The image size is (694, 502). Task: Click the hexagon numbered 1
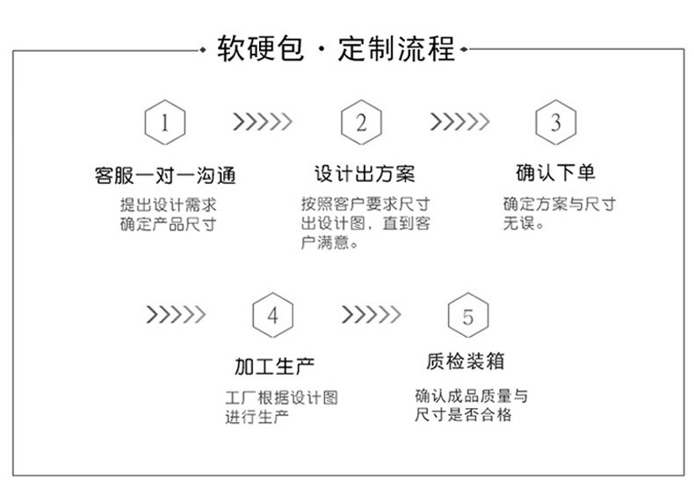164,123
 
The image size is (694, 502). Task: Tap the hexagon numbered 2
361,123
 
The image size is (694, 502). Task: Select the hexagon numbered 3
555,123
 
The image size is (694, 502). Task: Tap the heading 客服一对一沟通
165,174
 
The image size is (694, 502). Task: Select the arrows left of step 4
175,315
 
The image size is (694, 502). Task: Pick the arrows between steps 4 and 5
371,315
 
